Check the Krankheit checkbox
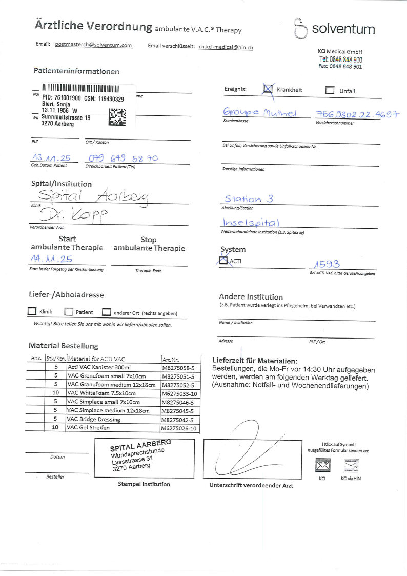268,89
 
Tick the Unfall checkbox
330,91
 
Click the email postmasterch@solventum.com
93,45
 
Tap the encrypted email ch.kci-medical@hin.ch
226,47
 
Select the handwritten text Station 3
249,198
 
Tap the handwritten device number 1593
325,265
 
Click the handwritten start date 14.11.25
51,260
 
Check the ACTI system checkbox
223,261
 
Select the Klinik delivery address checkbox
32,311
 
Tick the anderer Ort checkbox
106,312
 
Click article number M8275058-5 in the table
178,367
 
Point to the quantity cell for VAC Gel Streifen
55,427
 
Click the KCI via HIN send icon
351,466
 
